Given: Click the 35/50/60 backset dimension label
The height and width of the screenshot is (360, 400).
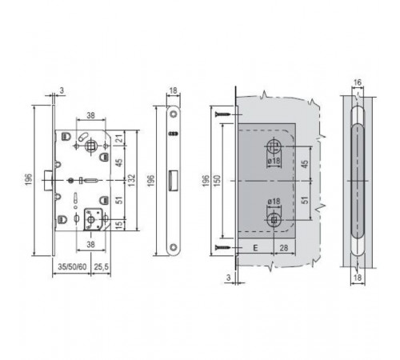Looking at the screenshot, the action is click(x=72, y=266).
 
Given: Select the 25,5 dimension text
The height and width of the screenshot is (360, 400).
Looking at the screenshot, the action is click(x=102, y=266).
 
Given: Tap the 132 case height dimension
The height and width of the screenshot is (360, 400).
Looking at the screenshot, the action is click(x=132, y=180).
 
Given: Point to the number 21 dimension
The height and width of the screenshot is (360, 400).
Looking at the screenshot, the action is click(x=120, y=138).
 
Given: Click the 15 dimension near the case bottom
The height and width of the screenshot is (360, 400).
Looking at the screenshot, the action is click(x=120, y=224).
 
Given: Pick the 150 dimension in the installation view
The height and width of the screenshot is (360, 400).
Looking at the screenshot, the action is click(x=218, y=181).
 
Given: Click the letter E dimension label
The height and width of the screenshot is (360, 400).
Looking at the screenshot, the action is click(x=255, y=248).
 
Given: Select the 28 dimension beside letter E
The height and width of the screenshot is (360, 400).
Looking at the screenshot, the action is click(x=284, y=248).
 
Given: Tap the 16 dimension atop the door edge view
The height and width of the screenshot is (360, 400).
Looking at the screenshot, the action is click(x=358, y=82).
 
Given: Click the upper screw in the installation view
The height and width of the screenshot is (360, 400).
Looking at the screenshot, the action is click(x=223, y=114).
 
